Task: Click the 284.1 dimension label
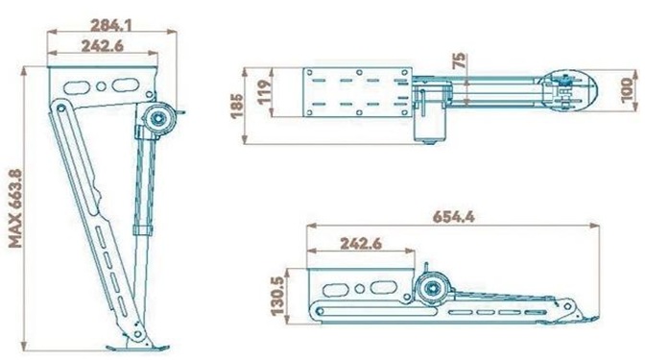click(111, 26)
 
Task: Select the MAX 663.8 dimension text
click(15, 208)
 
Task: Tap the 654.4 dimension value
click(454, 216)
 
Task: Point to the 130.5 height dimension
click(277, 296)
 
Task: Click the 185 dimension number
click(237, 107)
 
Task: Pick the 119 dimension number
click(265, 91)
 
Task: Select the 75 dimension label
click(459, 60)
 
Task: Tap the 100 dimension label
click(628, 89)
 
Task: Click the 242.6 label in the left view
click(103, 46)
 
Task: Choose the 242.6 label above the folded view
click(361, 244)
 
